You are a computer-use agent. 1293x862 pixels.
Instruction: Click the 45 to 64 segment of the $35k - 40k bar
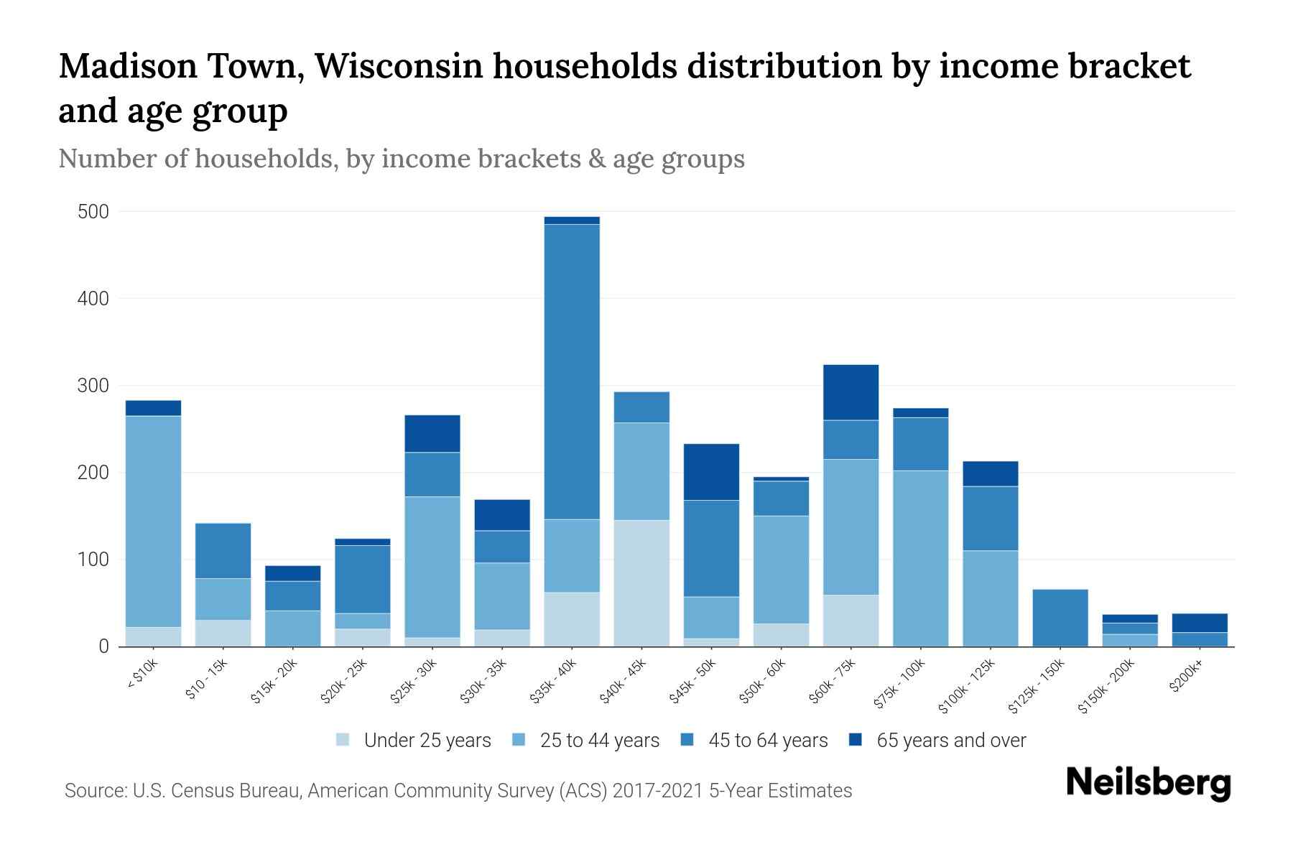572,371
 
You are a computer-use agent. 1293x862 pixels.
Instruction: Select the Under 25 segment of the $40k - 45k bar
641,583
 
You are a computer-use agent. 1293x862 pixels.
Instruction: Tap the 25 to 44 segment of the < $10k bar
153,521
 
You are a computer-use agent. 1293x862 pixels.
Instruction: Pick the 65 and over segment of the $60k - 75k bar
851,392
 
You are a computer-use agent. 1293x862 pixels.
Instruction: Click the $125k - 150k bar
1060,618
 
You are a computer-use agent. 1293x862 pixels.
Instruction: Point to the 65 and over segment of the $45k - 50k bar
711,472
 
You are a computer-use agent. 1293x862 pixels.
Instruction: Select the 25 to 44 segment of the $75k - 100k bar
920,558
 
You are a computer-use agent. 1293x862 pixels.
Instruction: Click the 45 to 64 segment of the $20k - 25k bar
363,579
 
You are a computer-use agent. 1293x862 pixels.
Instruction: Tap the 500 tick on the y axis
93,212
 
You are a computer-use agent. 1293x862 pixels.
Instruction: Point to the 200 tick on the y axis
93,473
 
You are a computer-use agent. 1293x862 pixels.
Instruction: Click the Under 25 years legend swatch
343,740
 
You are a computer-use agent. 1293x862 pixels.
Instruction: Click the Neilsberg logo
1148,782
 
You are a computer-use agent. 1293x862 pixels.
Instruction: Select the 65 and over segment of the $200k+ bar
1200,623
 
